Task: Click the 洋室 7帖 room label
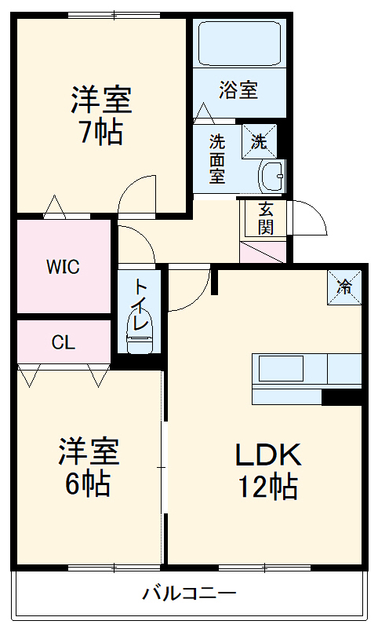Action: pos(101,115)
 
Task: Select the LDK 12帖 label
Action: pos(267,470)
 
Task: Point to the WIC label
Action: pos(62,267)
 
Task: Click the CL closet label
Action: pos(63,342)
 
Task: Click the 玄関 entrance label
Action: pos(265,217)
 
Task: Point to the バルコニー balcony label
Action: pos(189,593)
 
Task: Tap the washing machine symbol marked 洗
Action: pos(258,141)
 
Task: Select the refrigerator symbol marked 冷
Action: pos(343,287)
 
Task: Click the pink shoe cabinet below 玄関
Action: pos(264,253)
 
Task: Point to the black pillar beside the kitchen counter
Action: pos(341,397)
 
